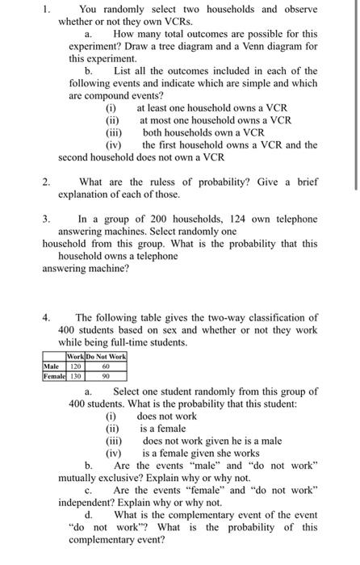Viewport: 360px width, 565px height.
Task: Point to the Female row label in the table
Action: point(53,375)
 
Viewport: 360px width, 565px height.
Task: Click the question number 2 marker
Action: point(46,182)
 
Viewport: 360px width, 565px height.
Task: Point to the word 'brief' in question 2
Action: point(305,182)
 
